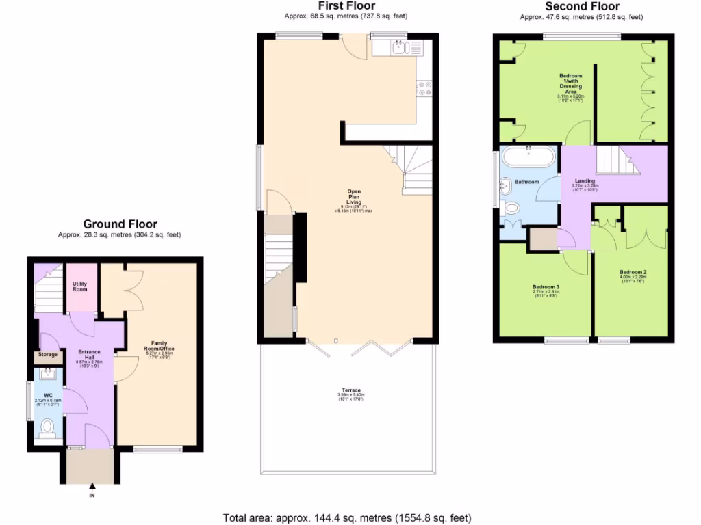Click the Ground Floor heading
pyautogui.click(x=120, y=224)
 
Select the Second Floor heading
pyautogui.click(x=582, y=6)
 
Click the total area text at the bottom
pyautogui.click(x=347, y=517)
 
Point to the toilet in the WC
pyautogui.click(x=47, y=429)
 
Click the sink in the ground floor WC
pyautogui.click(x=48, y=373)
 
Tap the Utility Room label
pyautogui.click(x=80, y=286)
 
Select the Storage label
pyautogui.click(x=48, y=354)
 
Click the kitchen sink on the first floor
pyautogui.click(x=398, y=46)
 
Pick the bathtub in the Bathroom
pyautogui.click(x=528, y=157)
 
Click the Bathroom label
pyautogui.click(x=526, y=181)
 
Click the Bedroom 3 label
pyautogui.click(x=546, y=286)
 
